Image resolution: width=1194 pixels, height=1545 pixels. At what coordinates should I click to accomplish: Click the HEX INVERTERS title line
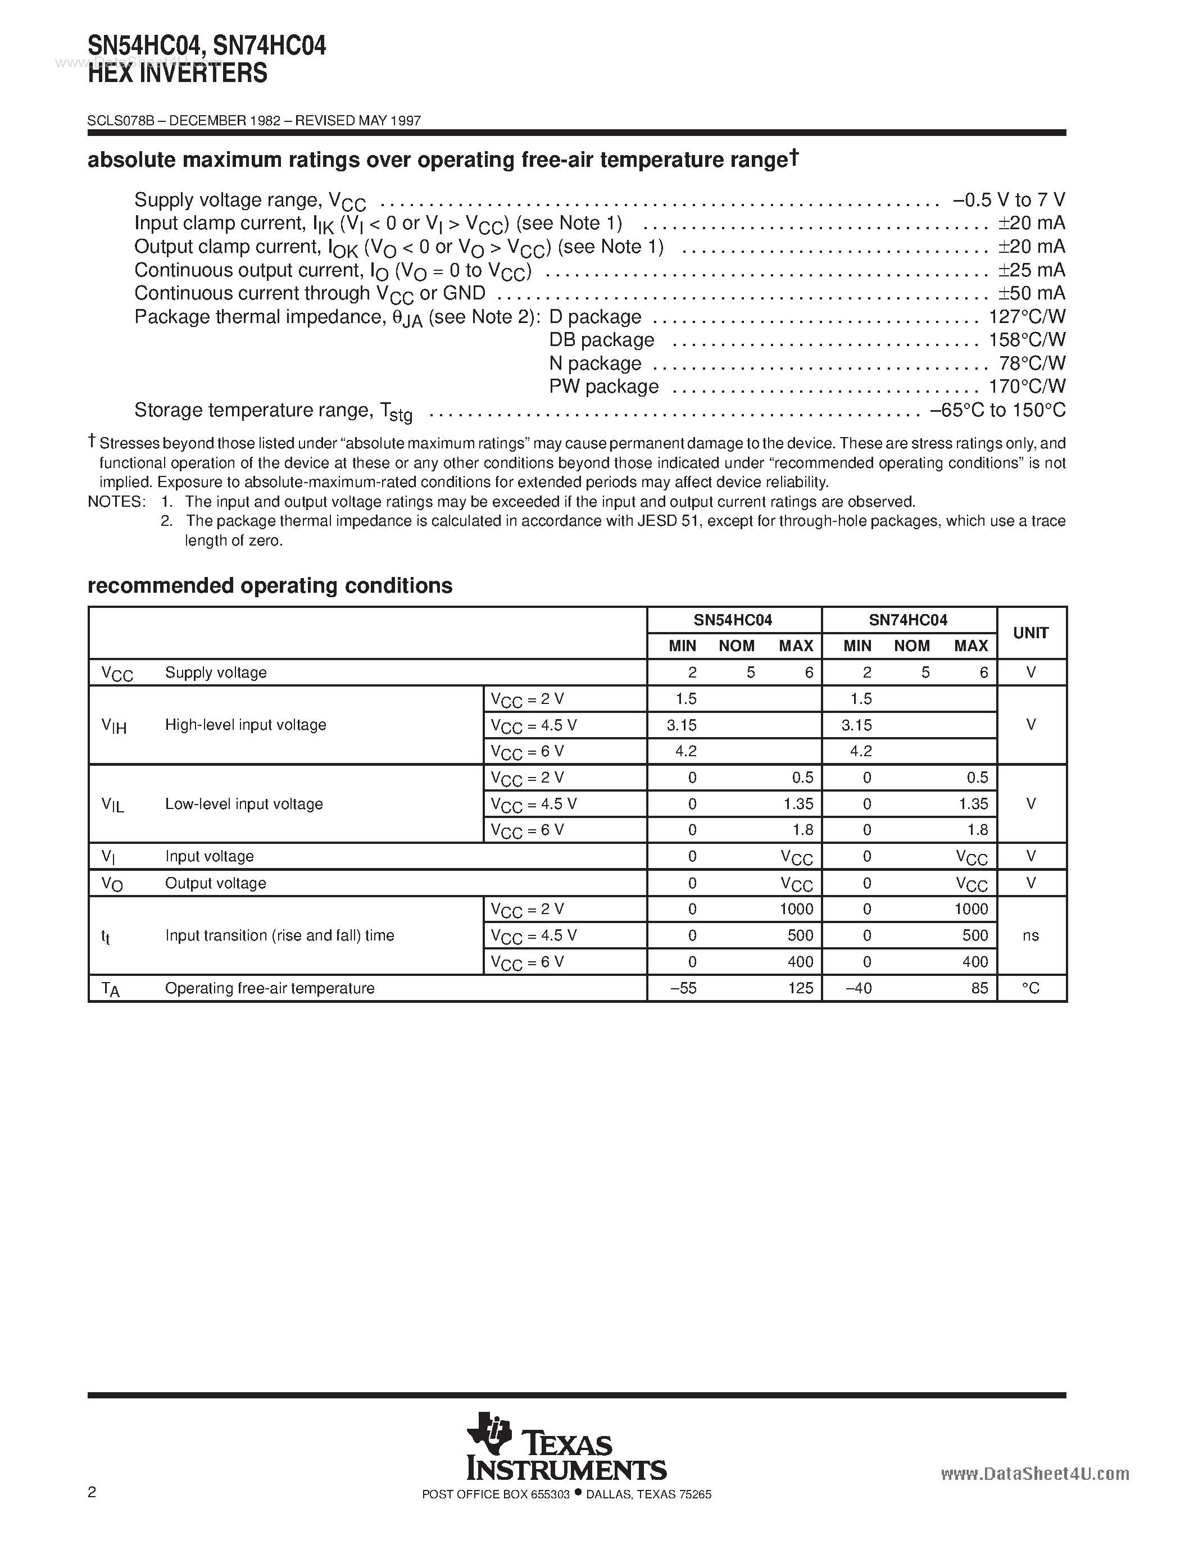(x=178, y=74)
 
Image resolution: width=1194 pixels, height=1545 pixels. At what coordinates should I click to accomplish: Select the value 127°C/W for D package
(x=1027, y=317)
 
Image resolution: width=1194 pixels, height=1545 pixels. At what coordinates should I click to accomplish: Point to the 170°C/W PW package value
(x=1027, y=387)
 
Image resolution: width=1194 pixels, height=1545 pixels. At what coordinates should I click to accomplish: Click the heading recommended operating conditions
(x=270, y=586)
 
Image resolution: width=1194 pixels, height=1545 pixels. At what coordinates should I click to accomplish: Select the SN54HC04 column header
(x=733, y=620)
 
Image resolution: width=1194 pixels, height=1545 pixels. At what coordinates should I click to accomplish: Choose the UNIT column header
(x=1030, y=633)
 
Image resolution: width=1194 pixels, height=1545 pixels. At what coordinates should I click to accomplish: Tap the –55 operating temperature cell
(x=683, y=988)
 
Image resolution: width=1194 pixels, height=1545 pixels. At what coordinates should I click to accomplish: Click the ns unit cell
(x=1030, y=936)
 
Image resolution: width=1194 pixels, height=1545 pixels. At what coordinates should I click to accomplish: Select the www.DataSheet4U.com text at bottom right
(x=1035, y=1474)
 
